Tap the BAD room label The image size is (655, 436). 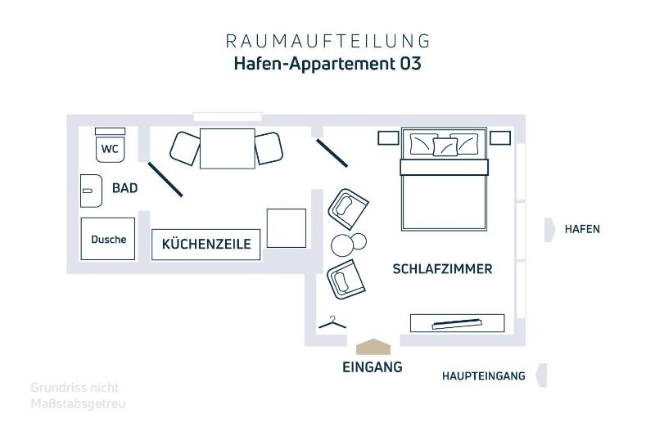click(125, 188)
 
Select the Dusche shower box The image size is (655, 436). click(108, 239)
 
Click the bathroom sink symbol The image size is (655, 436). click(91, 191)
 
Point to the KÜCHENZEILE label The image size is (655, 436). click(206, 244)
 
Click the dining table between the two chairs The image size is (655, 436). click(228, 149)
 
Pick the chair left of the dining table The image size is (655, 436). click(185, 149)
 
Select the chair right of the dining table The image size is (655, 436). click(269, 148)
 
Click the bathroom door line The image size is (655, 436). click(165, 179)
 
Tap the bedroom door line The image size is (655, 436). click(332, 153)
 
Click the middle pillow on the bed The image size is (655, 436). click(445, 146)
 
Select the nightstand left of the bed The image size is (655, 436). click(388, 138)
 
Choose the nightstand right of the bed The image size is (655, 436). click(500, 137)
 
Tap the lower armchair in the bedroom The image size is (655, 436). click(346, 279)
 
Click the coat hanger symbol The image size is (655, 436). click(332, 323)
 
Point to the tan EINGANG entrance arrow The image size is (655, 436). click(373, 347)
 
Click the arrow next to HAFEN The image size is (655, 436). click(549, 230)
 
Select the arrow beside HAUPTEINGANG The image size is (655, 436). click(542, 375)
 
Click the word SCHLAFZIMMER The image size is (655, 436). click(442, 269)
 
